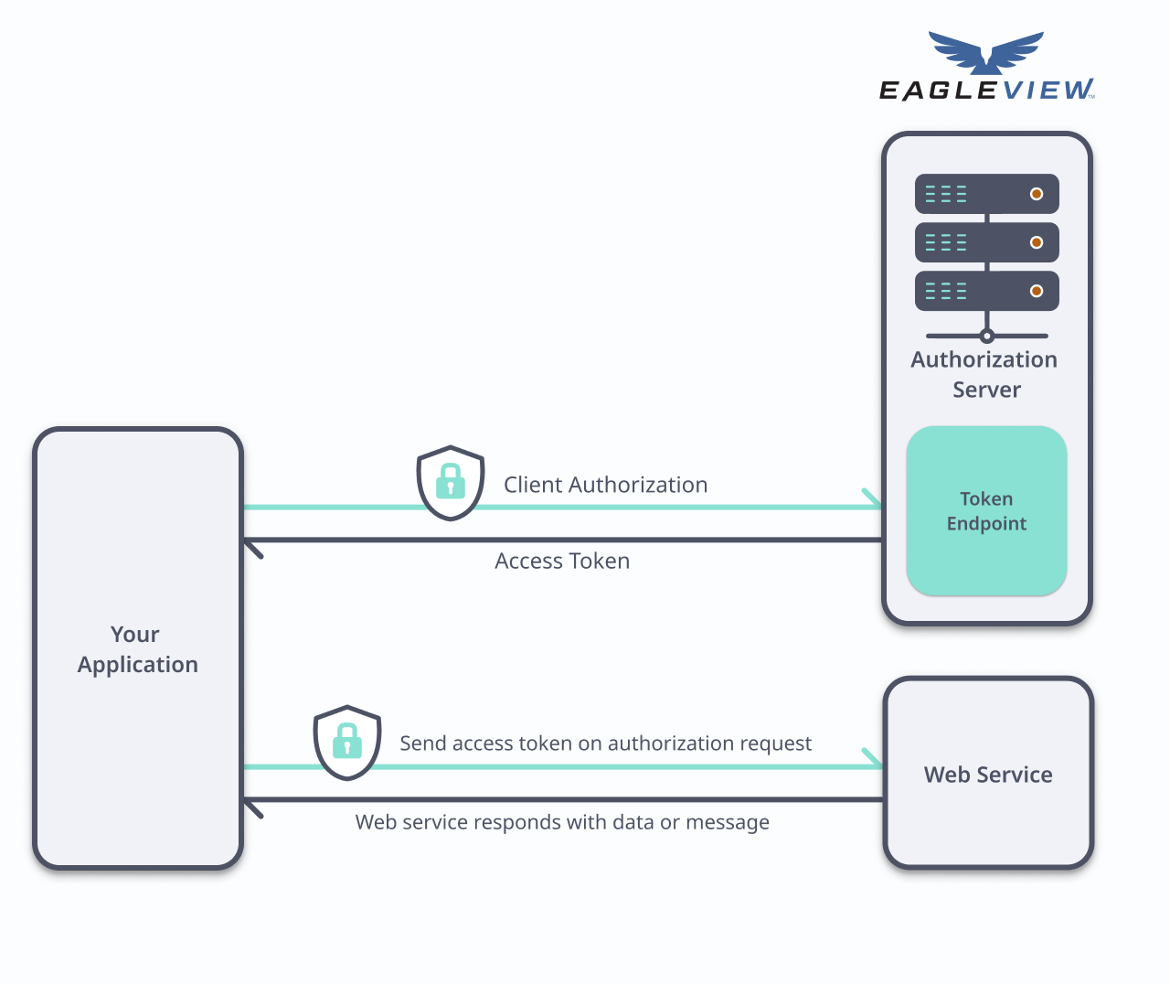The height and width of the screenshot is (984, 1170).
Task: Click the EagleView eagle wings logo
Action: (x=986, y=52)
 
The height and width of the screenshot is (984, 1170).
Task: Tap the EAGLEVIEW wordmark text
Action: (x=986, y=90)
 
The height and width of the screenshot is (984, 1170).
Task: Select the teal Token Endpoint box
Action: (x=986, y=511)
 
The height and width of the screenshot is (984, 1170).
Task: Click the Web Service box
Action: (x=988, y=774)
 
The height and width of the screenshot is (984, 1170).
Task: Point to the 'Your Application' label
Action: (x=137, y=649)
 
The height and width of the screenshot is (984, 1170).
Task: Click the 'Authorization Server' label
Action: (x=984, y=374)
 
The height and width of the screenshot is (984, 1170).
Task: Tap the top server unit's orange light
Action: (x=1037, y=194)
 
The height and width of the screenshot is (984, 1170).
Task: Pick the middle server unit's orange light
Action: (x=1037, y=242)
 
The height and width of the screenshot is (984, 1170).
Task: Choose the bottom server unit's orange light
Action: (x=1037, y=291)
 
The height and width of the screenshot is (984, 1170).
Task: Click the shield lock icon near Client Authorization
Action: (x=451, y=482)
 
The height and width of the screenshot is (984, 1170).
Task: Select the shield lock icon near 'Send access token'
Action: (x=347, y=742)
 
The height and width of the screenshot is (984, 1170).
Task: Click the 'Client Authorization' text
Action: (x=605, y=485)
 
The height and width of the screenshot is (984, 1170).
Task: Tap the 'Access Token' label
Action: (x=562, y=561)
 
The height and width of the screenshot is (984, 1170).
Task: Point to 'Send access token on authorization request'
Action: (x=605, y=743)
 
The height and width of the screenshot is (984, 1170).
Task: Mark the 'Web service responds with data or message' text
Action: (x=562, y=822)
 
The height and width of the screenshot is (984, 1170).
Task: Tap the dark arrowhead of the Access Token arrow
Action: (x=252, y=547)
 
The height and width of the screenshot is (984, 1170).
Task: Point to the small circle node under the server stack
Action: (x=986, y=336)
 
